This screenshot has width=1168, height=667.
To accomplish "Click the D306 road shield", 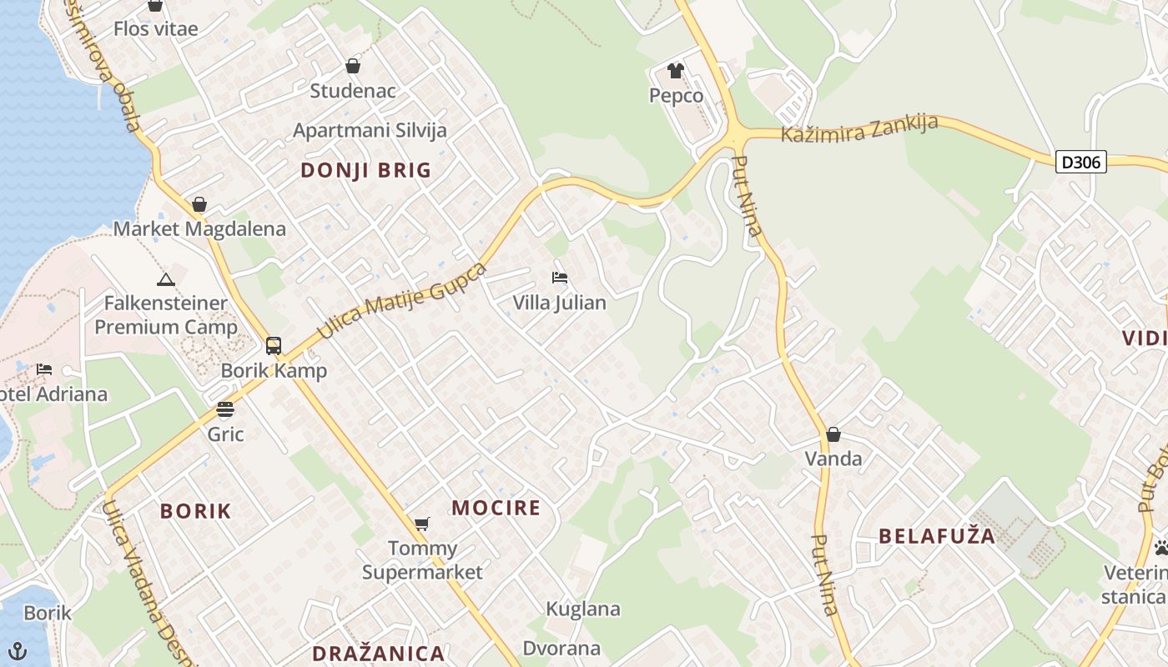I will [1080, 162].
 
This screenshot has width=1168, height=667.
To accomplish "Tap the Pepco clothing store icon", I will [675, 71].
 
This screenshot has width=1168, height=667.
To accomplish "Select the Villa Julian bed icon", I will [559, 277].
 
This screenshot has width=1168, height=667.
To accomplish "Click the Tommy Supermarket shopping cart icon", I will [422, 524].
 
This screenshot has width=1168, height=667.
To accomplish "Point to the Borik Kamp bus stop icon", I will [274, 346].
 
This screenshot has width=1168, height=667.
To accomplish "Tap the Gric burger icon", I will [225, 409].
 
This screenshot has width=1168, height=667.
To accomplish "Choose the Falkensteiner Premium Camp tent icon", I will [165, 279].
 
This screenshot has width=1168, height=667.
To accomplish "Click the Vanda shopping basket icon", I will [833, 434].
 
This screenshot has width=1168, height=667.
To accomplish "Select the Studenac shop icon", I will [353, 66].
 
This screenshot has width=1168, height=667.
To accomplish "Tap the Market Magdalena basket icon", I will [199, 204].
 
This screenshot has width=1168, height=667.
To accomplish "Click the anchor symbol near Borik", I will [18, 649].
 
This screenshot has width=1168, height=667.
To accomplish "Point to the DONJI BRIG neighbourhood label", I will [366, 171].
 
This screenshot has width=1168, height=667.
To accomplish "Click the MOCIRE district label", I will [496, 508].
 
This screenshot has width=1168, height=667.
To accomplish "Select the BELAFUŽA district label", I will [938, 536].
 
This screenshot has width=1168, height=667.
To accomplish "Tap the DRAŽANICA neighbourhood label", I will [378, 653].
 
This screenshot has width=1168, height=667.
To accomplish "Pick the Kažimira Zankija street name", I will [859, 128].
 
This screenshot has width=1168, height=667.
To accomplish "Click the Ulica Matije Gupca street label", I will [402, 301].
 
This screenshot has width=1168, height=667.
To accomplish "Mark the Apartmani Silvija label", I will [370, 130].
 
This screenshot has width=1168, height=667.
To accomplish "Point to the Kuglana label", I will [583, 609].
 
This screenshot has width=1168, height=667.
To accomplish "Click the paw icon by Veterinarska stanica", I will [1160, 548].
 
